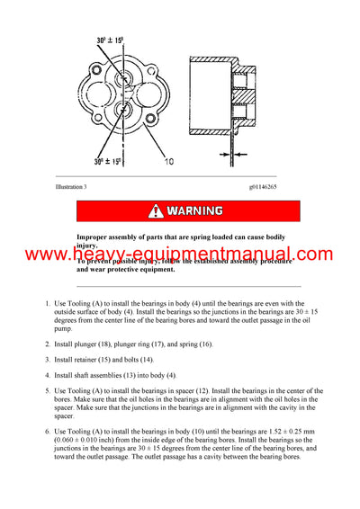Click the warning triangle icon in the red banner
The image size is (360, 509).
coord(157,211)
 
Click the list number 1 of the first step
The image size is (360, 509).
coord(49,308)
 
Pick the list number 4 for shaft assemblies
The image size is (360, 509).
coord(49,374)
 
